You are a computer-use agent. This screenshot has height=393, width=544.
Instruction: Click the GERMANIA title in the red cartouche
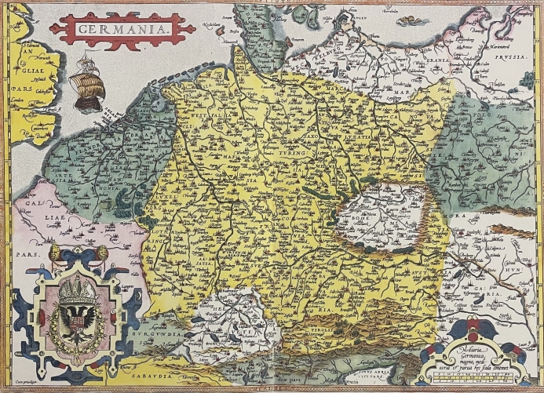[x=122, y=29]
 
